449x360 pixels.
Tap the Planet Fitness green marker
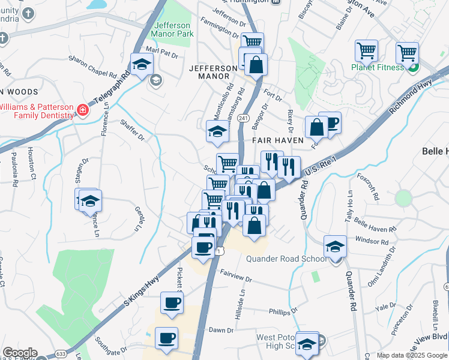pyautogui.click(x=413, y=67)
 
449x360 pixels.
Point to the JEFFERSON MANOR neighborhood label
pyautogui.click(x=213, y=68)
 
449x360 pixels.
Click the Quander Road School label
pyautogui.click(x=287, y=259)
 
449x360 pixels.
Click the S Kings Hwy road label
pyautogui.click(x=142, y=292)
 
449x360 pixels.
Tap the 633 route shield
pyautogui.click(x=61, y=354)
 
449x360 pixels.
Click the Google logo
pyautogui.click(x=19, y=353)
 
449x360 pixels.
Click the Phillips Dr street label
pyautogui.click(x=283, y=312)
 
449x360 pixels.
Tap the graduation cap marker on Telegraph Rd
pyautogui.click(x=142, y=65)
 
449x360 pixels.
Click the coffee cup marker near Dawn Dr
pyautogui.click(x=166, y=337)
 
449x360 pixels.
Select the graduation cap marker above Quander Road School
pyautogui.click(x=334, y=246)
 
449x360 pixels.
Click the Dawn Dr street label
pyautogui.click(x=221, y=330)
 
